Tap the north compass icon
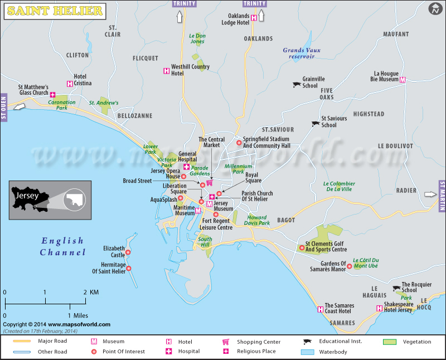(x=435, y=9)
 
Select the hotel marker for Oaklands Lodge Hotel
(x=254, y=18)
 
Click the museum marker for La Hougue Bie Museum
(x=403, y=80)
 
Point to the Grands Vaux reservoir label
(x=302, y=53)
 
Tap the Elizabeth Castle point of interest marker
(x=128, y=252)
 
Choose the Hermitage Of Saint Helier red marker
(x=129, y=269)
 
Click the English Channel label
(x=62, y=247)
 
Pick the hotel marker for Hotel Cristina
(x=69, y=84)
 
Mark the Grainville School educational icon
(x=297, y=85)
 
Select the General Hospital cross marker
(x=186, y=167)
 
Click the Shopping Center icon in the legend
(x=226, y=342)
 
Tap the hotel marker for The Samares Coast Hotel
(x=320, y=309)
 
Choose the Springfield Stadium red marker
(x=239, y=143)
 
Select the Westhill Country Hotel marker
(x=166, y=70)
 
